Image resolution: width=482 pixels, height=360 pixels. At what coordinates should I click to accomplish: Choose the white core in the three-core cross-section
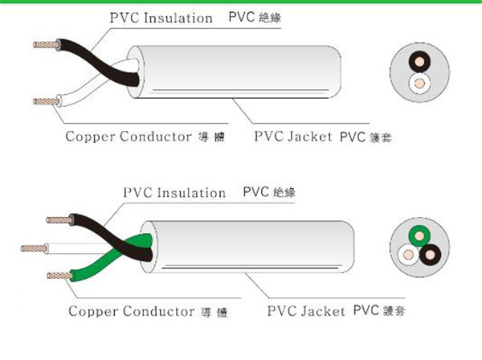407,256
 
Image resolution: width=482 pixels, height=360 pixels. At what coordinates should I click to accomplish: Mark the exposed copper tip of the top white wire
43,101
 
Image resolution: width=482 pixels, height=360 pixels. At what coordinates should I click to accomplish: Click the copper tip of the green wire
55,276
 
